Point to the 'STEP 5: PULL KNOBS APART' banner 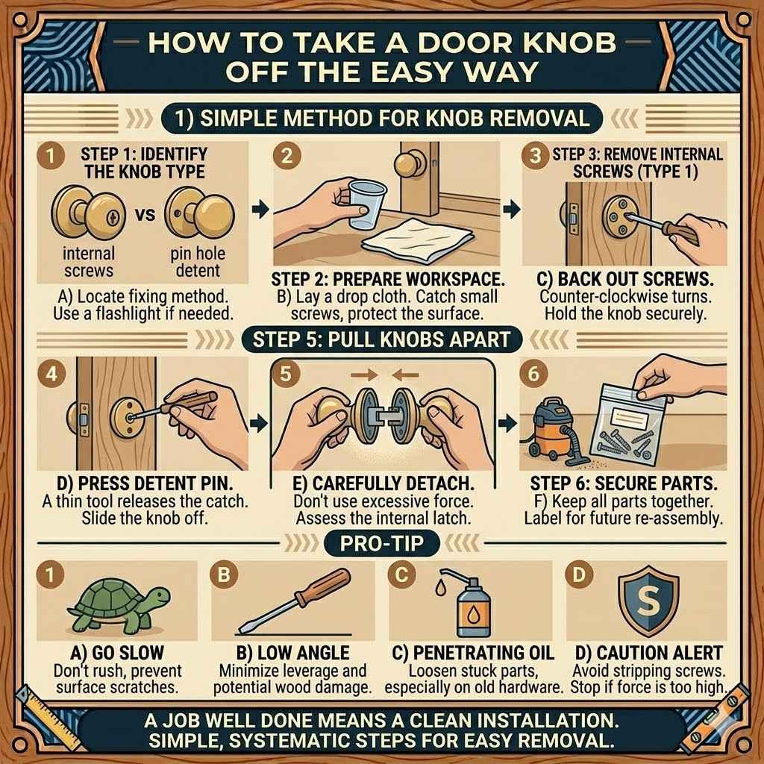(x=382, y=339)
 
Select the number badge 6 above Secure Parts (x=533, y=375)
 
